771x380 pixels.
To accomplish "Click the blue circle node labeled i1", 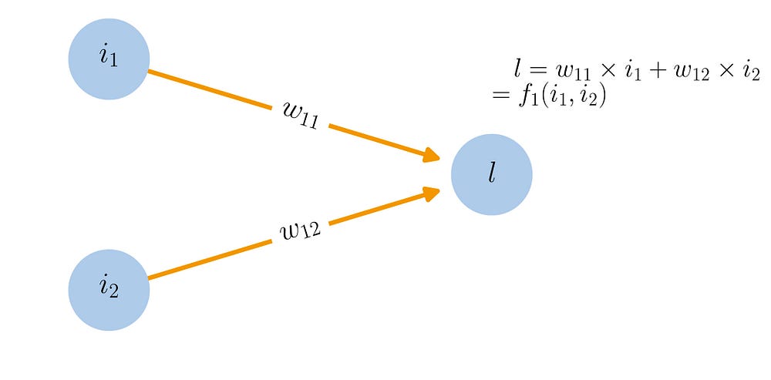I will coord(109,59).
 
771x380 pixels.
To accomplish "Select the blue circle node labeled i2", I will coord(109,290).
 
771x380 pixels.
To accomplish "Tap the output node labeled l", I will coord(492,174).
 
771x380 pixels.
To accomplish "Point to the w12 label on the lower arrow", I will coord(300,230).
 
